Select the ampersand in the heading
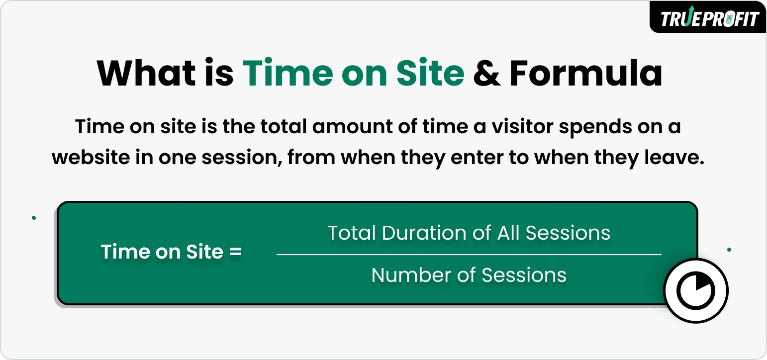point(486,73)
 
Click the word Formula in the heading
point(585,73)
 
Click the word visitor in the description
point(522,127)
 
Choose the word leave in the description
point(679,158)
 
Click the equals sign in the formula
point(235,252)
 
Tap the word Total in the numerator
point(351,233)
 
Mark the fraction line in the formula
point(469,254)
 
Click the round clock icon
point(696,290)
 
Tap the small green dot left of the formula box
point(33,218)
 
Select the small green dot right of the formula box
point(729,250)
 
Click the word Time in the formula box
point(123,252)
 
